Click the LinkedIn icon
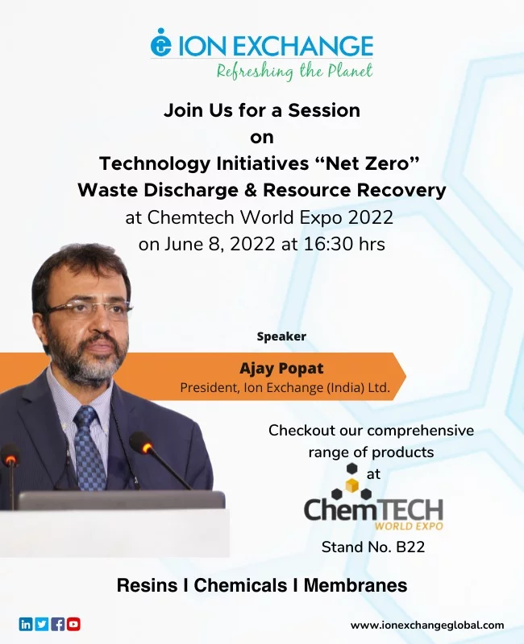(x=26, y=625)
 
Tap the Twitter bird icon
(x=42, y=625)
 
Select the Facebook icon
(x=57, y=625)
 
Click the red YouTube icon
(x=73, y=625)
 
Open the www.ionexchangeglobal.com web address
(x=427, y=625)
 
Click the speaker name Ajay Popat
(x=281, y=369)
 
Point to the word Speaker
(x=281, y=336)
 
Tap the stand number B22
(x=410, y=547)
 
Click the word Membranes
(x=356, y=585)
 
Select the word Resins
(x=148, y=585)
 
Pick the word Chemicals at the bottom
(x=240, y=585)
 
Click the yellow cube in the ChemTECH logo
(x=351, y=485)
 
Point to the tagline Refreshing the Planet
(x=294, y=72)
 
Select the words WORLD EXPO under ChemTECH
(x=409, y=526)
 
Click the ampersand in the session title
(x=251, y=190)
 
